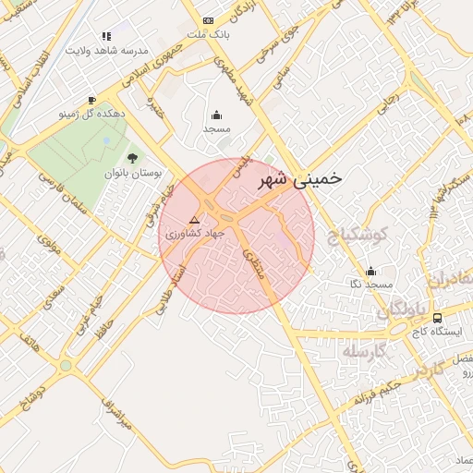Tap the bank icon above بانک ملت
208,19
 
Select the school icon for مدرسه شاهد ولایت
106,36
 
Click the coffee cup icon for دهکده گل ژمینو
91,100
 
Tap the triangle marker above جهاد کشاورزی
194,220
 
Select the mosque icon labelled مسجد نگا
371,271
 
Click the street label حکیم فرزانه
370,393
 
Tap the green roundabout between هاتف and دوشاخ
66,366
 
